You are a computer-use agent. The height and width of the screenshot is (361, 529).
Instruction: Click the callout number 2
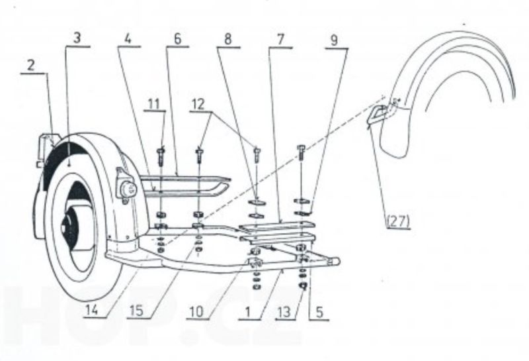[31, 66]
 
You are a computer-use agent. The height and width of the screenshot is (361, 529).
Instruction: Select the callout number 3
[77, 38]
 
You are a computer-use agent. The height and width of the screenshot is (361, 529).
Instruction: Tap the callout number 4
[128, 38]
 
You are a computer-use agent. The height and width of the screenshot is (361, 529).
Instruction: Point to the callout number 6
[177, 38]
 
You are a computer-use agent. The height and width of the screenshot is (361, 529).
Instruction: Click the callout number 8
[228, 39]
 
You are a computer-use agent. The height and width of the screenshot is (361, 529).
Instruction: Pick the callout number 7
[280, 40]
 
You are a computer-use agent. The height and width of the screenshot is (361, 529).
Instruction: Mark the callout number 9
[334, 40]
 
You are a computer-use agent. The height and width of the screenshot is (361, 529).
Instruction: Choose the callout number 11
[154, 104]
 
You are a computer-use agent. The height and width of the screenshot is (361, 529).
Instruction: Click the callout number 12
[198, 104]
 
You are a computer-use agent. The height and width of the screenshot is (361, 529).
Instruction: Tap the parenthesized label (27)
[399, 222]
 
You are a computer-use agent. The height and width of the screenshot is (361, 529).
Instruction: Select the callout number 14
[92, 310]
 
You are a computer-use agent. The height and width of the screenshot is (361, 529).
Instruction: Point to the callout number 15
[137, 311]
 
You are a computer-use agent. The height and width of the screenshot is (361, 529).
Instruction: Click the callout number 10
[196, 312]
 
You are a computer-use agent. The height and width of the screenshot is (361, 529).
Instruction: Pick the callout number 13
[284, 312]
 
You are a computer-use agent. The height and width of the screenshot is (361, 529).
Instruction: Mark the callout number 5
[319, 312]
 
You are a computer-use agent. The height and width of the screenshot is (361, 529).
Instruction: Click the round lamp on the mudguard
[128, 188]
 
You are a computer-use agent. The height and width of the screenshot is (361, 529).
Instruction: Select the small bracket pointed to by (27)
[377, 114]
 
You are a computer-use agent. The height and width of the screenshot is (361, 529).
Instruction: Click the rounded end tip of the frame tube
[337, 261]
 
